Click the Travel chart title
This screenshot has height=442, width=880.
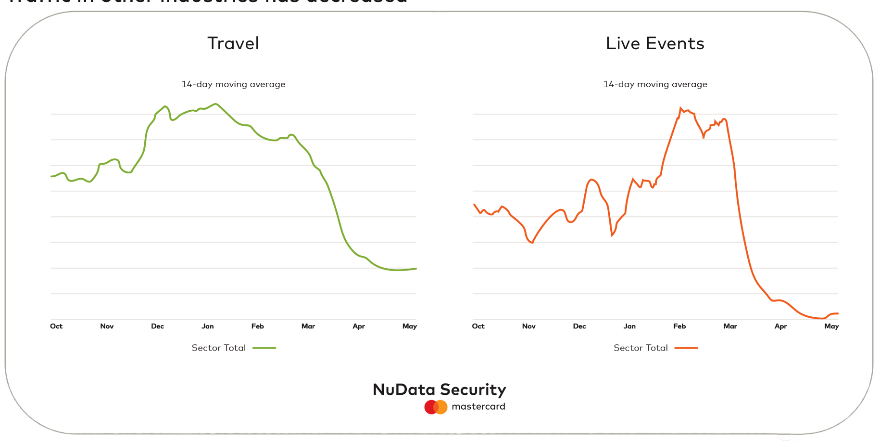click(x=233, y=43)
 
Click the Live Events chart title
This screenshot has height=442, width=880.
click(x=655, y=43)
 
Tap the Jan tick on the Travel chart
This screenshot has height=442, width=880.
click(x=208, y=326)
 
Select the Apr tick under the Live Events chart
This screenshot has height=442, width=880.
click(x=780, y=326)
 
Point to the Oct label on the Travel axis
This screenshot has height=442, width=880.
click(x=56, y=326)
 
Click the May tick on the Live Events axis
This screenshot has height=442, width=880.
click(x=831, y=326)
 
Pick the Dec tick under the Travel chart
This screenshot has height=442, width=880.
click(x=157, y=326)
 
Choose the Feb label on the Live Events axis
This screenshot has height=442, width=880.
click(x=679, y=326)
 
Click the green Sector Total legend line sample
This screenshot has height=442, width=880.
click(x=264, y=348)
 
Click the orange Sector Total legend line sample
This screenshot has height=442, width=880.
click(x=686, y=348)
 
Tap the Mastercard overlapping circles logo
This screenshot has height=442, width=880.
click(x=436, y=407)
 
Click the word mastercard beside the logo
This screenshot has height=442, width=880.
click(x=478, y=406)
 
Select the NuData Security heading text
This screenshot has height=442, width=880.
click(x=439, y=390)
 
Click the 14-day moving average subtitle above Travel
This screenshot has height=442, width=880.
click(x=233, y=84)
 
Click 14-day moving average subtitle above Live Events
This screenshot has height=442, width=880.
click(x=655, y=84)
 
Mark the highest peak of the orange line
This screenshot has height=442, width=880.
click(x=681, y=108)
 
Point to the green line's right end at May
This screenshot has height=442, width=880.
click(x=415, y=269)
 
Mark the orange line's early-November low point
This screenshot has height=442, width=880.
click(x=532, y=243)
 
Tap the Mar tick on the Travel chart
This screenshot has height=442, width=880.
click(x=308, y=326)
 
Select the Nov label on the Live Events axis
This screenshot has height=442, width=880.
click(x=528, y=326)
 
